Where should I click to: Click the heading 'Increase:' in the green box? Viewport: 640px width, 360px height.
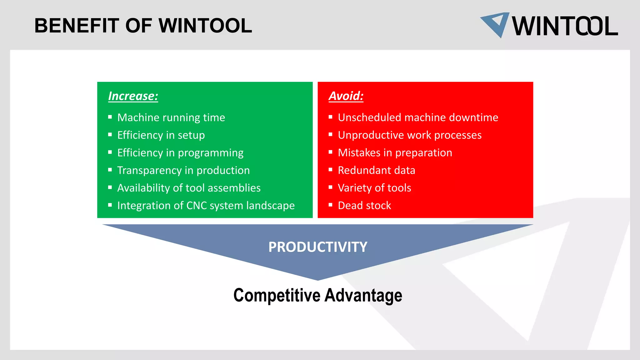coord(133,96)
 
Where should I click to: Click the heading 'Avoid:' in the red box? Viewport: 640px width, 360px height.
coord(346,96)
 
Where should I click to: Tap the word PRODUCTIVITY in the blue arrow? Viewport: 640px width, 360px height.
coord(318,247)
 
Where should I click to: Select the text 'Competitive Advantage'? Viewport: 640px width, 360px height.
coord(318,295)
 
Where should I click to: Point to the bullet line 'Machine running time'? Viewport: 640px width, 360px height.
coord(171,117)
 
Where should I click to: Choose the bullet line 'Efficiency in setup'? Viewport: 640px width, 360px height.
coord(161,135)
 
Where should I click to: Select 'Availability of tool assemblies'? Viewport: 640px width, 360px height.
coord(189,188)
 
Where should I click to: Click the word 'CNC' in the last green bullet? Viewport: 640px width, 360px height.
coord(197,206)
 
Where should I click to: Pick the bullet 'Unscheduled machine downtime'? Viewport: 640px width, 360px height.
coord(418,117)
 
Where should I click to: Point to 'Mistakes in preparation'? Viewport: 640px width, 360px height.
coord(395,153)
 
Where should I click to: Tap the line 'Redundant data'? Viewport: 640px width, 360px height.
coord(377,170)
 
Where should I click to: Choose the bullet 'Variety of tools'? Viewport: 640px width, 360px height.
coord(374,188)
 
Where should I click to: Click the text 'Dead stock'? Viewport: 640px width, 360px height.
coord(364,206)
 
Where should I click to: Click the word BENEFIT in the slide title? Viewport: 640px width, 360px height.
coord(77,26)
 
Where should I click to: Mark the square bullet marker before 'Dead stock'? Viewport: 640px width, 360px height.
coord(331,205)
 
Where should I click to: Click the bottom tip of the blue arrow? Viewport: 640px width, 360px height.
coord(318,279)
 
